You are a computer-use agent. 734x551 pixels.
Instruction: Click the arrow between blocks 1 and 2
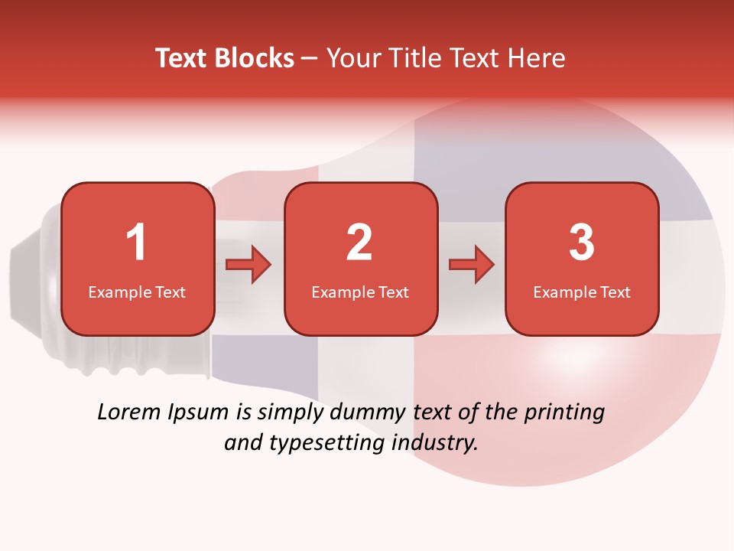coord(248,266)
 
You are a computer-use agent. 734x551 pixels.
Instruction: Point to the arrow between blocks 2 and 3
coord(472,266)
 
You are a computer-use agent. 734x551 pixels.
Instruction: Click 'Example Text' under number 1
coord(137,292)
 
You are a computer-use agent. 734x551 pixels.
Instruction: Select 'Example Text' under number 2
coord(360,292)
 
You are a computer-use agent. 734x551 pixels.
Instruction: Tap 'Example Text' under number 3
coord(582,292)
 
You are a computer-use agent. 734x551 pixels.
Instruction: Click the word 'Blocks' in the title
coord(255,58)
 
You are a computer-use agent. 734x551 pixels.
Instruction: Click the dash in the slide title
coord(310,59)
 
